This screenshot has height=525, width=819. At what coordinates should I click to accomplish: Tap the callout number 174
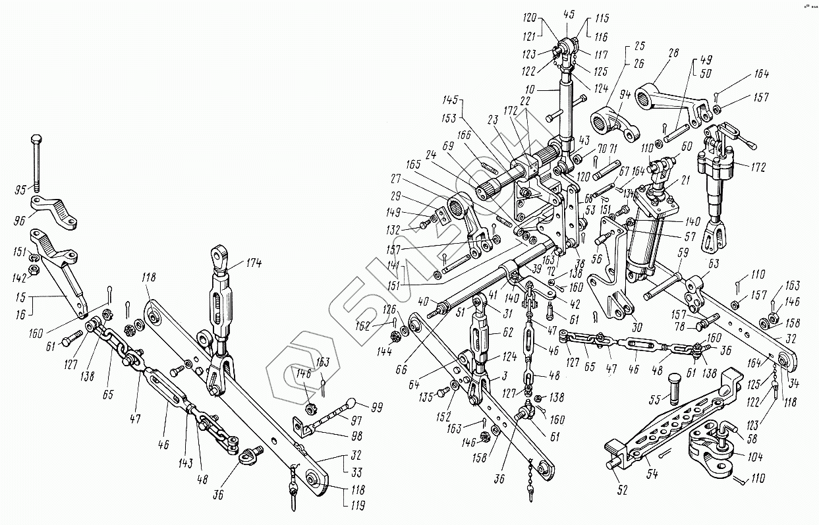coord(253,264)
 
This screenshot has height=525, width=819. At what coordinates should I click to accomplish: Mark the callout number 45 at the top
coord(569,13)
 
